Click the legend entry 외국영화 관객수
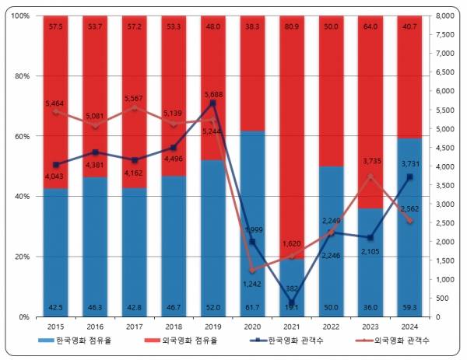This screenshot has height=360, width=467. pos(398,341)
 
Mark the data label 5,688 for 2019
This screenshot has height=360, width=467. pos(212,95)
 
